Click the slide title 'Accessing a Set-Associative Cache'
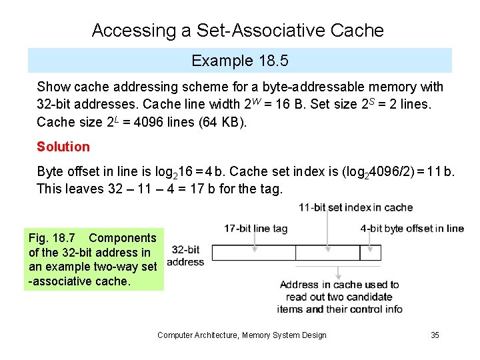[x=238, y=31]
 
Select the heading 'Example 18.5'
[x=239, y=61]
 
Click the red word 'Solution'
[x=63, y=147]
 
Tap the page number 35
[x=435, y=335]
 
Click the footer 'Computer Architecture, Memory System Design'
[x=242, y=335]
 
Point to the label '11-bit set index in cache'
[x=355, y=207]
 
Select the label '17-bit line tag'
[x=255, y=229]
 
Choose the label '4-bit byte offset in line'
[x=412, y=229]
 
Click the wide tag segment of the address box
[x=254, y=253]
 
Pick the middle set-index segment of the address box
[x=327, y=253]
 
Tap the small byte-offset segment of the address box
[x=371, y=253]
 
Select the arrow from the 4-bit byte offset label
[x=371, y=239]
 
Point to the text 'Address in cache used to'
[x=339, y=285]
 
